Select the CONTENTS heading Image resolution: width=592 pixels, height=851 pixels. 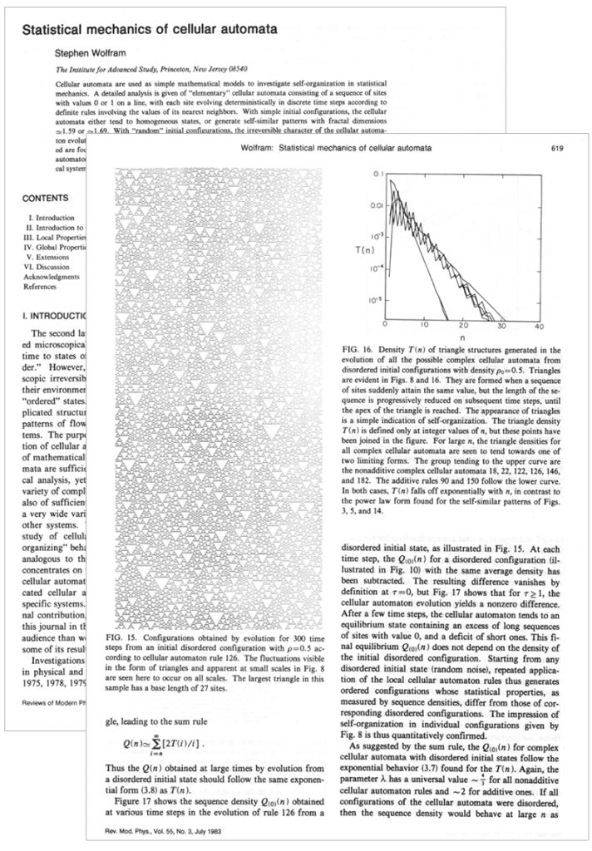(47, 199)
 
